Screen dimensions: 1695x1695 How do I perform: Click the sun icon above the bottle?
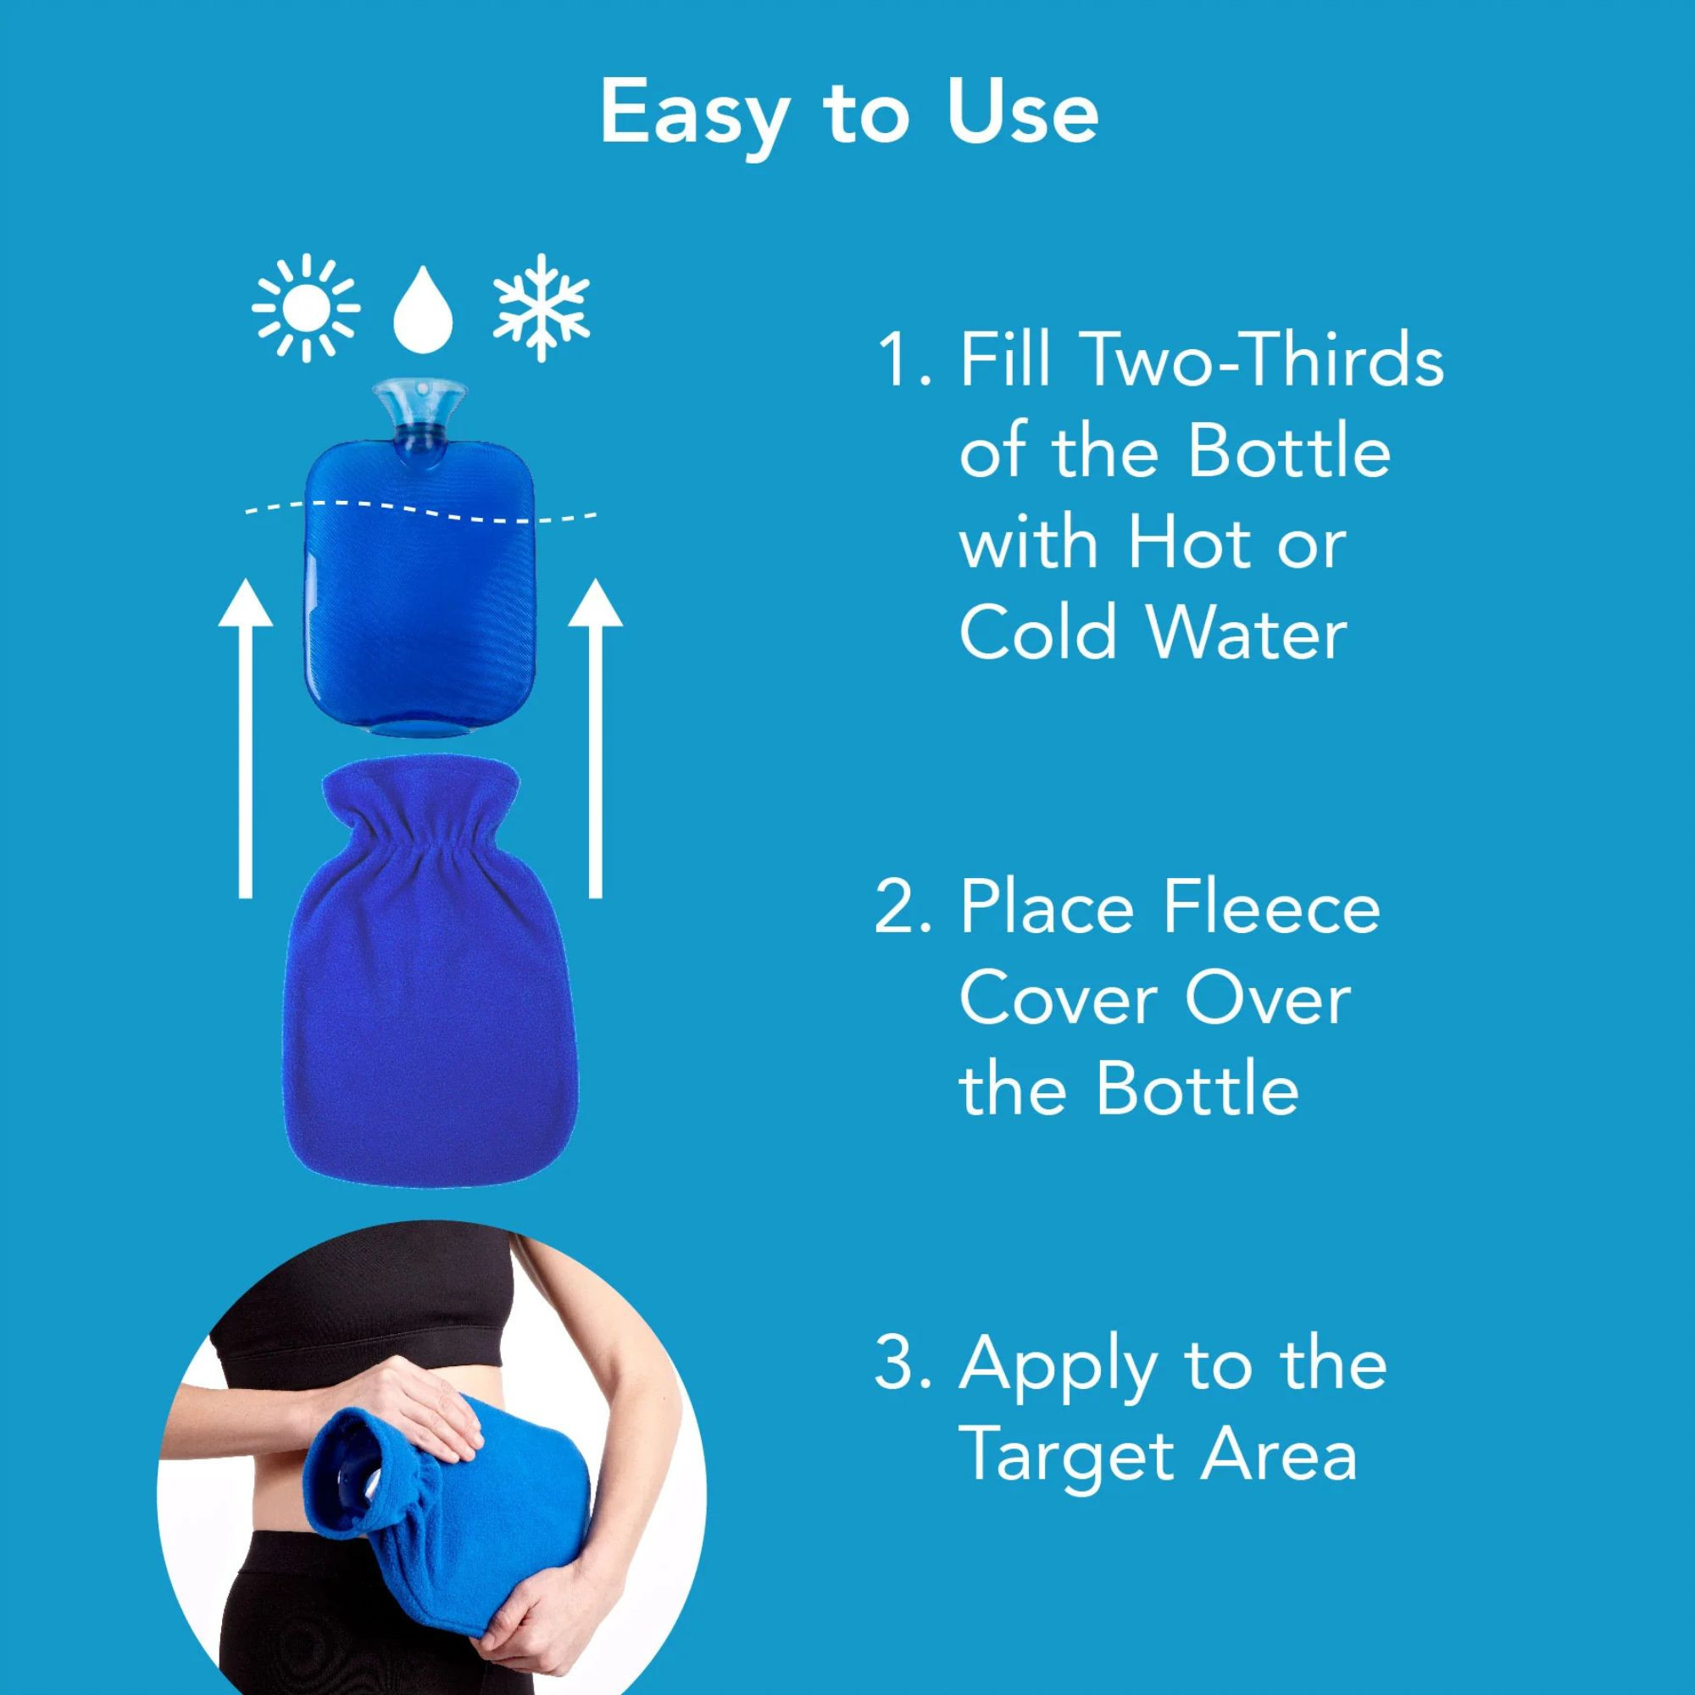click(x=305, y=308)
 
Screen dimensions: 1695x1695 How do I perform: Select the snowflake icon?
click(x=542, y=307)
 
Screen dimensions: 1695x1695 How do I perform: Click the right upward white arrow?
click(x=595, y=738)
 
